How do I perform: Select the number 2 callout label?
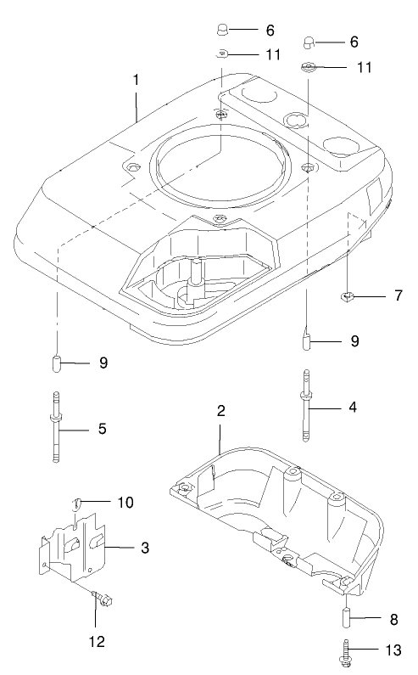click(220, 410)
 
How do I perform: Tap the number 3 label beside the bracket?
click(145, 548)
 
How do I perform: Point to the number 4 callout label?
click(352, 407)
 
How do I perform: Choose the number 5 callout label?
click(101, 430)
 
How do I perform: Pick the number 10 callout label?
click(125, 503)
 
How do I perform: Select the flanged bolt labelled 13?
click(348, 651)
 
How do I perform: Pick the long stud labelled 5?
click(56, 429)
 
